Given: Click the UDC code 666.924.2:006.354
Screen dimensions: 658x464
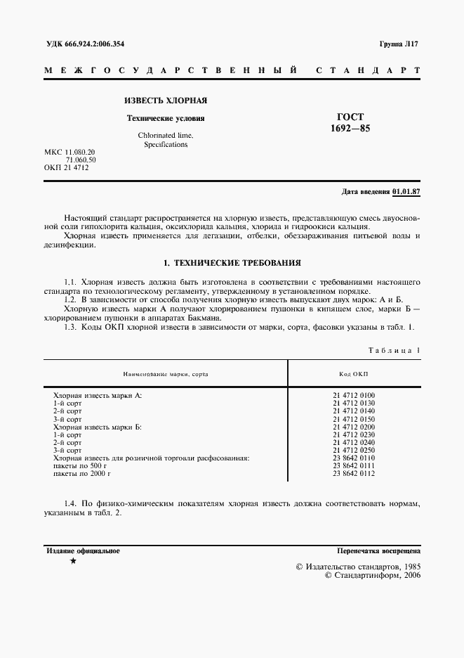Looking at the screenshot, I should [x=95, y=44].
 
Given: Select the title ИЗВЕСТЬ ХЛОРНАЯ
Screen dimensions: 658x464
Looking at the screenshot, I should [x=165, y=101].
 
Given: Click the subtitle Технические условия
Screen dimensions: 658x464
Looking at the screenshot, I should [x=165, y=118].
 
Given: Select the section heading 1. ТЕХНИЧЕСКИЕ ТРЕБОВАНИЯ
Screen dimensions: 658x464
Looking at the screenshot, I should [x=232, y=263].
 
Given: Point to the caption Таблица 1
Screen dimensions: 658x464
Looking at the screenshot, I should [x=394, y=349].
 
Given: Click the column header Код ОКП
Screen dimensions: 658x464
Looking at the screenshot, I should [x=354, y=374].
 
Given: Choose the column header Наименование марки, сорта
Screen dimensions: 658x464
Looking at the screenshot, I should [x=166, y=374].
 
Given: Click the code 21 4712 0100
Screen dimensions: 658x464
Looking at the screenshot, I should [x=354, y=395].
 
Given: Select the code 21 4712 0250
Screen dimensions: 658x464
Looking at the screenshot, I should [x=354, y=450].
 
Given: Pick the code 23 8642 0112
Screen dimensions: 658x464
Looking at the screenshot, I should [x=354, y=473].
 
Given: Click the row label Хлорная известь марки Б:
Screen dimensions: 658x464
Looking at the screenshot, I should [x=98, y=427].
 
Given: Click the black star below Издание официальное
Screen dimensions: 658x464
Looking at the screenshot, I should [x=73, y=562].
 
